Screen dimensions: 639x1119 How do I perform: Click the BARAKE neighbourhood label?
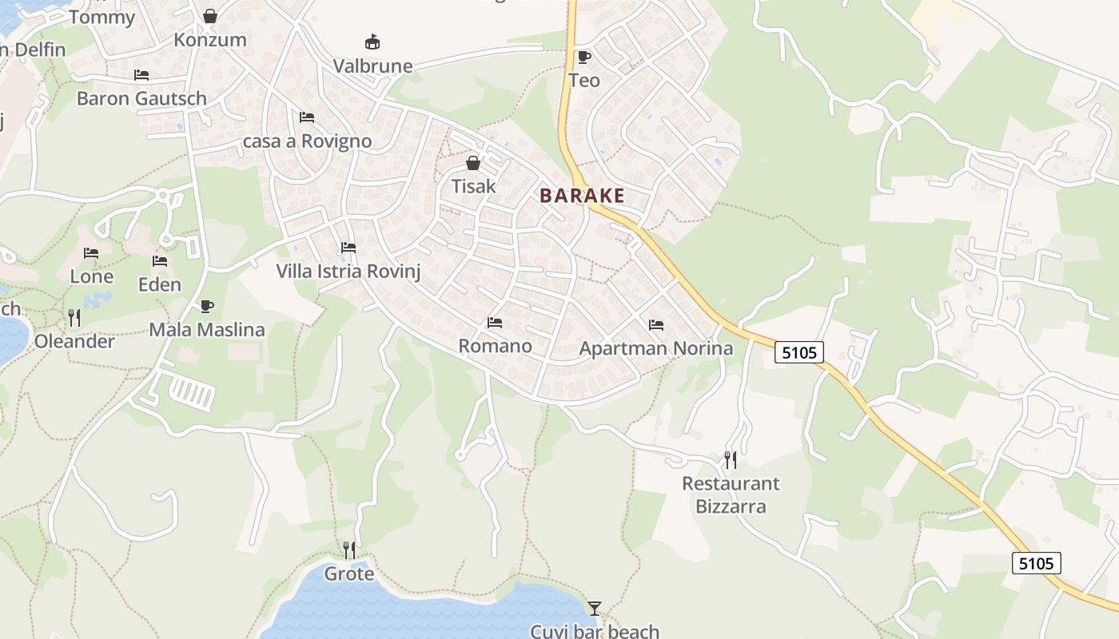point(582,196)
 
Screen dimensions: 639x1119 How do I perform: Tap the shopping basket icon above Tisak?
point(473,164)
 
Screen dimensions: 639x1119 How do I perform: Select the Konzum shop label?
point(210,40)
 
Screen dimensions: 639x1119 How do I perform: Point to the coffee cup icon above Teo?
point(584,57)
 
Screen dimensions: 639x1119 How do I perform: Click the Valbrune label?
point(372,65)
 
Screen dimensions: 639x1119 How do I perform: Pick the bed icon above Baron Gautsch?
point(141,75)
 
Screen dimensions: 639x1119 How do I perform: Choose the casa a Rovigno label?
point(307,141)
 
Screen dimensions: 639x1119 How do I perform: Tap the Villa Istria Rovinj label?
point(348,271)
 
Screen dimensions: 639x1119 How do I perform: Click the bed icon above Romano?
point(495,323)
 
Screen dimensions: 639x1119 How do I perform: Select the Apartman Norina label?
point(655,348)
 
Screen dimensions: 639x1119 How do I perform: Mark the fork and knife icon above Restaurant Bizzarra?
point(731,459)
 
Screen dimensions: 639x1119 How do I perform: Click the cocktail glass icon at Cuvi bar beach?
point(594,609)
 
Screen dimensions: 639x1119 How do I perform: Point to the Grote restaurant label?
point(348,574)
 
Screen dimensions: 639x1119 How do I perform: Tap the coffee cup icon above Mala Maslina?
point(207,306)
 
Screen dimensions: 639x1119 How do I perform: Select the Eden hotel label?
point(160,284)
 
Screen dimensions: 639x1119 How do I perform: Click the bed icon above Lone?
point(91,253)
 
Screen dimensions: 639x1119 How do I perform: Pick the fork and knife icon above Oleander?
point(74,318)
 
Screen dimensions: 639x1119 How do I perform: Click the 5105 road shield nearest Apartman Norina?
point(798,351)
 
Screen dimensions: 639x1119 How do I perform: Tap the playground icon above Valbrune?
point(372,42)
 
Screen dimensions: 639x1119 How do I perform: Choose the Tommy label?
point(102,18)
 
